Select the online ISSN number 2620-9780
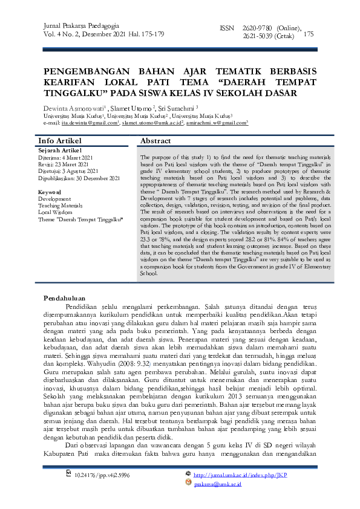tap(256, 28)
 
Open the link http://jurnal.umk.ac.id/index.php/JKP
tap(239, 476)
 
